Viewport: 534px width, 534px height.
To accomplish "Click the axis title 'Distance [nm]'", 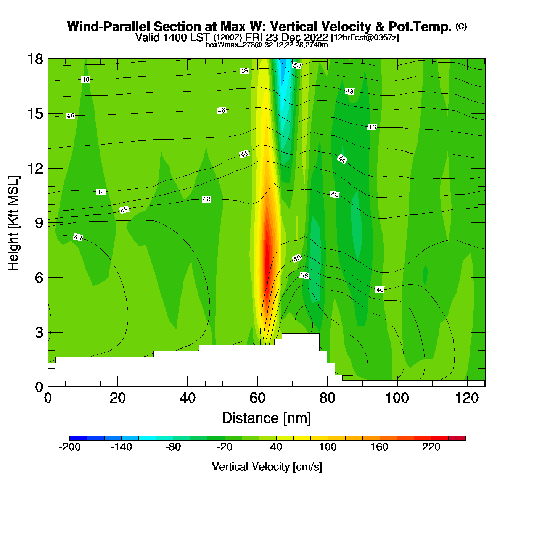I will click(267, 418).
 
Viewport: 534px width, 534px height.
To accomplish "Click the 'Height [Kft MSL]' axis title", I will click(13, 223).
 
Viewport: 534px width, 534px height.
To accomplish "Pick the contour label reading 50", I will click(297, 66).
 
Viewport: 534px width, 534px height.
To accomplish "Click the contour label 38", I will click(304, 275).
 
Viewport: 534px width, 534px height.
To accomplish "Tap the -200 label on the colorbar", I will click(70, 447).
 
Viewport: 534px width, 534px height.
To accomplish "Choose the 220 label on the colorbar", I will click(431, 447).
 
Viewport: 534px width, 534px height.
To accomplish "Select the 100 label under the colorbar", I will click(328, 447).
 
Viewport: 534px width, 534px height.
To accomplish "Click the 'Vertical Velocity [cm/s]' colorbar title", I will click(267, 467).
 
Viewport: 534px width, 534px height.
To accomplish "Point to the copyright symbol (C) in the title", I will click(461, 26).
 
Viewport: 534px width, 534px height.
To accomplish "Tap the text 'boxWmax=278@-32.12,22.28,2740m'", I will click(267, 45).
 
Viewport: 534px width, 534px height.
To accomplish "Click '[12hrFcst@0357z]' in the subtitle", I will click(365, 38).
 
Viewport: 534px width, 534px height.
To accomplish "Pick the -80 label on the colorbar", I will click(173, 447).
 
